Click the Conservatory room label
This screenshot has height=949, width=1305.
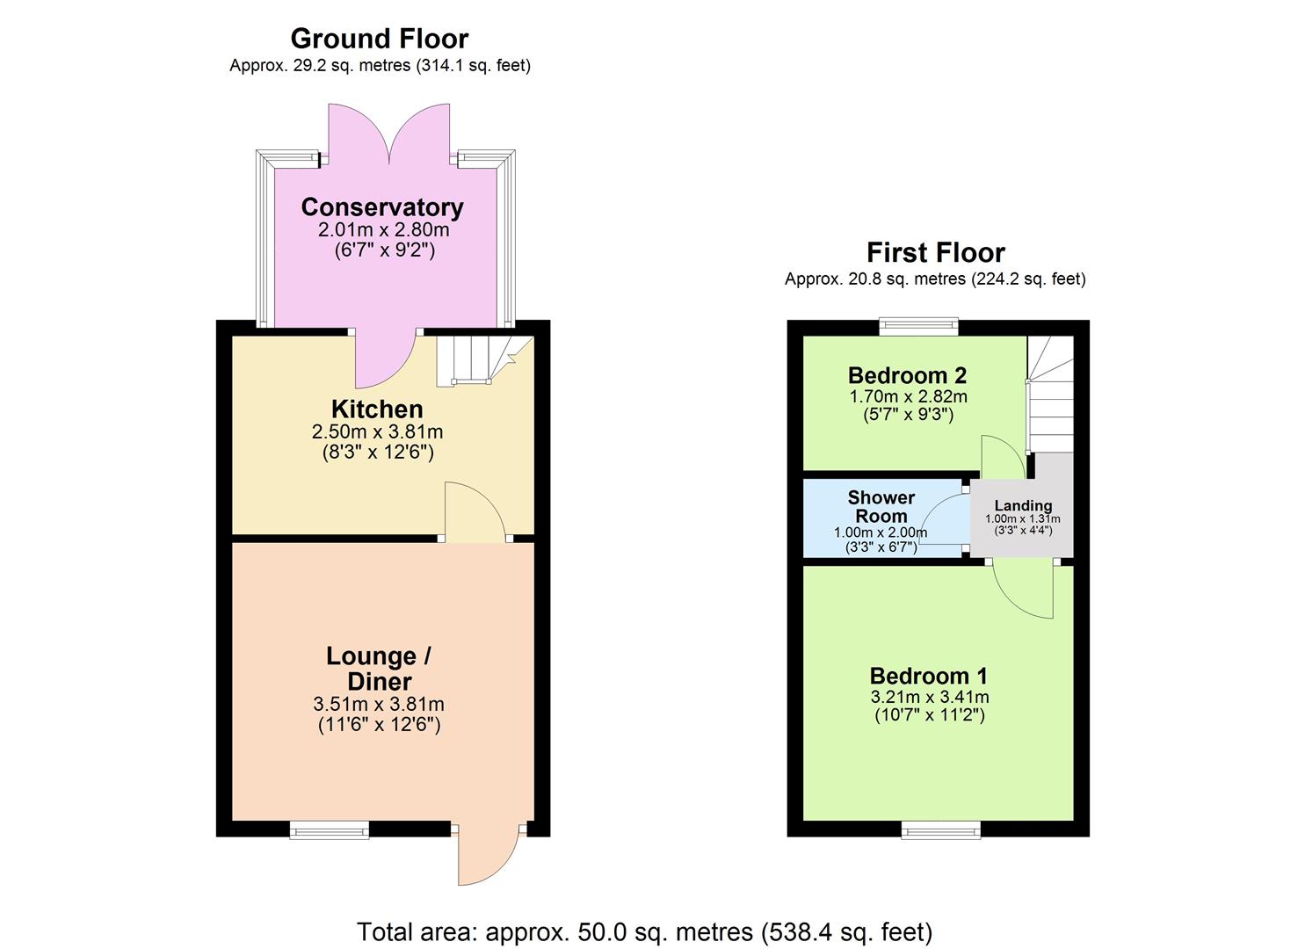coord(381,207)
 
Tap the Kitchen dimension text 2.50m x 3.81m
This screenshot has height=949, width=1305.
coord(377,432)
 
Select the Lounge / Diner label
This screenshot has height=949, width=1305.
coord(379,669)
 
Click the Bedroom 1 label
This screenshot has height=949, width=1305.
coord(928,676)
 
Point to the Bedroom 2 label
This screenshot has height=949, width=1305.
coord(907,375)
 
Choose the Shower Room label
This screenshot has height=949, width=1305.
coord(881,507)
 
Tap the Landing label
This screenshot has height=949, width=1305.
coord(1023,506)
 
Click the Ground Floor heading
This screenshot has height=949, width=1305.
coord(379,39)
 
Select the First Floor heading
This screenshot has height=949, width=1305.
coord(935,253)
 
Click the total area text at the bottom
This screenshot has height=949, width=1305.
coord(644,931)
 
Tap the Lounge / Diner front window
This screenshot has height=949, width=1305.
coord(330,829)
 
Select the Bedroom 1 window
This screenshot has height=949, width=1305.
coord(940,829)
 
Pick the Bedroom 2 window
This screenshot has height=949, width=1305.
coord(919,327)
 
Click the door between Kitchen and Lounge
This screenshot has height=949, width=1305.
coord(475,513)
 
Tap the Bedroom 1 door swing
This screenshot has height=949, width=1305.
coord(1025,590)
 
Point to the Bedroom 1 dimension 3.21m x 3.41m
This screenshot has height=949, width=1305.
coord(930,697)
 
